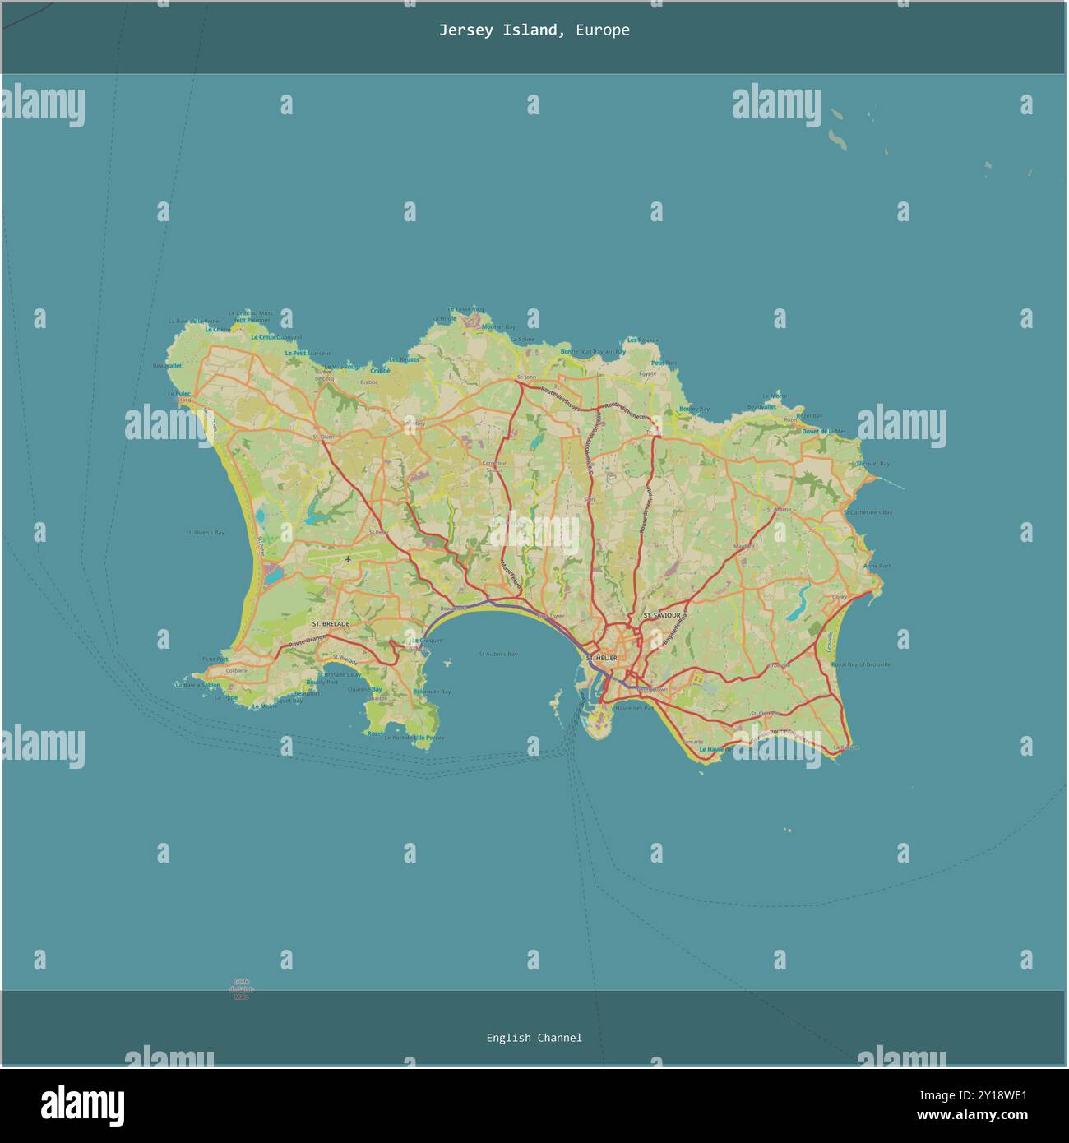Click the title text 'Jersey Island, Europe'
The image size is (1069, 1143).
(534, 30)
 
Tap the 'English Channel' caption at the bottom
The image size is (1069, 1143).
(534, 1038)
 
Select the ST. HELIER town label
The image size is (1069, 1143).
(601, 658)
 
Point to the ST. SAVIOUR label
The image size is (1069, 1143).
(661, 615)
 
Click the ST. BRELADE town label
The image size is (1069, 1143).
(330, 624)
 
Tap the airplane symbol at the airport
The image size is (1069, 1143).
(349, 560)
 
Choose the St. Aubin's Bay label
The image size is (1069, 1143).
(498, 655)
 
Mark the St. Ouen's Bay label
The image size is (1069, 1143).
(205, 533)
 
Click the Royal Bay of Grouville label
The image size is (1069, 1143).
(861, 664)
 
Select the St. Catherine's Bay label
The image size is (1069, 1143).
(868, 512)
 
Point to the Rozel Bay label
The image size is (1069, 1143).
(809, 416)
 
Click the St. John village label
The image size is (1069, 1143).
(525, 377)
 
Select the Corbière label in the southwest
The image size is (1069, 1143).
(236, 670)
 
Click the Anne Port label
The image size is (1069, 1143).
(877, 566)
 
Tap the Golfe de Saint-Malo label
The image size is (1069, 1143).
(241, 988)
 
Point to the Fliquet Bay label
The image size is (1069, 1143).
(872, 464)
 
